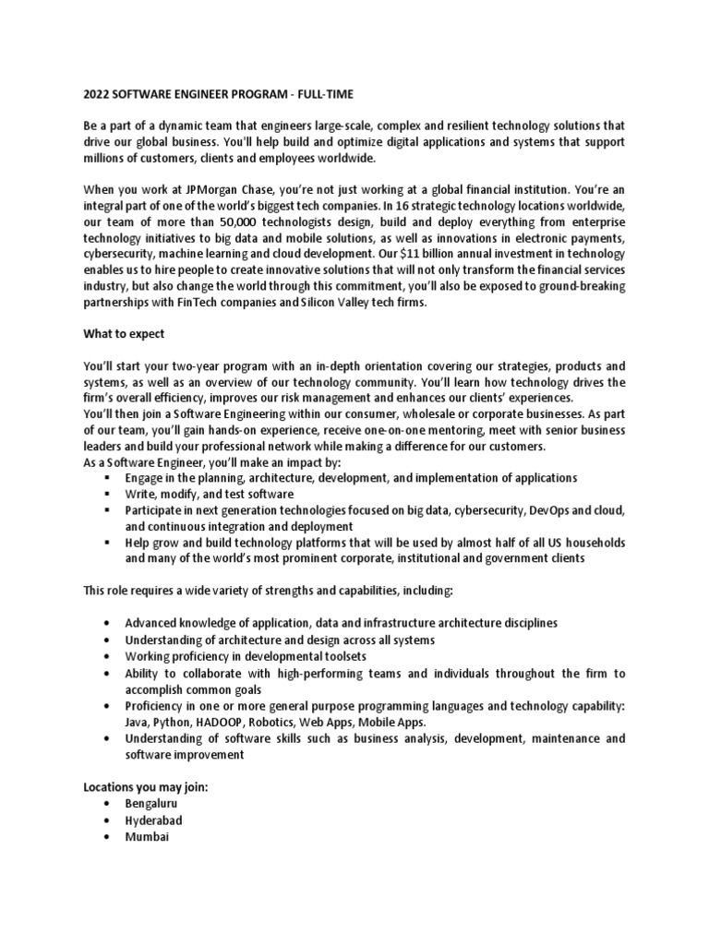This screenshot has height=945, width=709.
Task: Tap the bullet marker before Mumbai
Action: pyautogui.click(x=110, y=837)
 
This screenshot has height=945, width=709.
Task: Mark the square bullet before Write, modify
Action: pyautogui.click(x=109, y=494)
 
